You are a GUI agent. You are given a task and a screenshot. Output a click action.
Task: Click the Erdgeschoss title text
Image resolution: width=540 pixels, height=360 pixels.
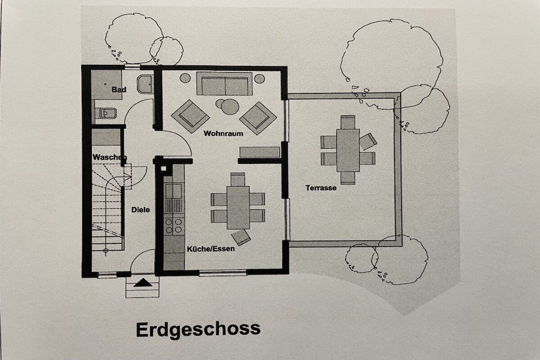click(x=198, y=330)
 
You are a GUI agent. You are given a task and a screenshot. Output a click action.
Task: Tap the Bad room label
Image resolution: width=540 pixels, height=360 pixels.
click(x=119, y=90)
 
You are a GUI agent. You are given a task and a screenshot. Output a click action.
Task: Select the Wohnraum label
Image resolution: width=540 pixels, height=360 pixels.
click(x=223, y=133)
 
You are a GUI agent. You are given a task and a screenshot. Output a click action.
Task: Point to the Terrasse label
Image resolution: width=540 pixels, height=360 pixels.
click(x=321, y=188)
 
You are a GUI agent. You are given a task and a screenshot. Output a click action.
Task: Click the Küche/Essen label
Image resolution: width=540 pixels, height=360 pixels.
click(x=211, y=248)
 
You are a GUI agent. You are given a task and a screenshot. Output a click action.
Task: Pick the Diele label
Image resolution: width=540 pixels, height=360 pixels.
click(x=140, y=210)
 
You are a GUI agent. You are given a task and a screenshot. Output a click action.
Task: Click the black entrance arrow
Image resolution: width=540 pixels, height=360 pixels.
click(x=142, y=283)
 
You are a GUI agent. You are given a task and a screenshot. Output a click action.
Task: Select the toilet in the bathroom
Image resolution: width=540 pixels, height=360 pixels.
click(x=105, y=113)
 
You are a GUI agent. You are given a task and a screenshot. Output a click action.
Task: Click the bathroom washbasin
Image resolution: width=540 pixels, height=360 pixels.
click(x=145, y=84)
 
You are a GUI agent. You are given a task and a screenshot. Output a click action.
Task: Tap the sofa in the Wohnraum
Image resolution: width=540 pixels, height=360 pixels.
click(x=225, y=84)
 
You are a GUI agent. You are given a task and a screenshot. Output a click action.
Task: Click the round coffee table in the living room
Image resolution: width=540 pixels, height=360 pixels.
click(x=230, y=106)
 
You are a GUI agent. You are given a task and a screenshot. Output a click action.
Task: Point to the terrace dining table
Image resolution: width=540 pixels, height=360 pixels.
click(x=348, y=150)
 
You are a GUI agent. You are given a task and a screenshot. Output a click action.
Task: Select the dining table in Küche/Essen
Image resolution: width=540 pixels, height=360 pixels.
click(x=238, y=208)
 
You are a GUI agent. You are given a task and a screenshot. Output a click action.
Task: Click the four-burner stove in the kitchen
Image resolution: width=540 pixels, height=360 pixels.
click(x=173, y=226)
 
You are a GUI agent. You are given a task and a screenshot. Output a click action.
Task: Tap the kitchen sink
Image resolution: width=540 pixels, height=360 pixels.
click(x=173, y=191)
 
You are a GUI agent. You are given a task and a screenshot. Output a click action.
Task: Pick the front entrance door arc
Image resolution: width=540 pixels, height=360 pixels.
click(x=139, y=256)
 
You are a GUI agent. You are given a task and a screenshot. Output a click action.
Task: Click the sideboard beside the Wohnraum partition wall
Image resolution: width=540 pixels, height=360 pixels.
click(x=259, y=152)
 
